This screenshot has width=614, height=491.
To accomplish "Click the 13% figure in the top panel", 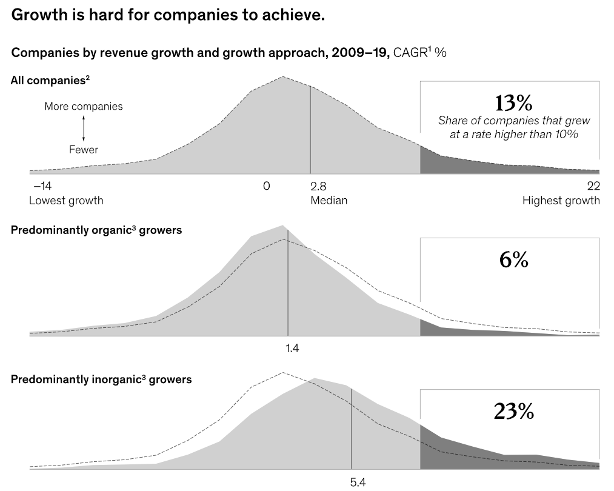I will (x=513, y=102).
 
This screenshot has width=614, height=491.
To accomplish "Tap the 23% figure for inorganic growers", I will (x=513, y=412).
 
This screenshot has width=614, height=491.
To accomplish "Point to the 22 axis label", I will (x=593, y=185).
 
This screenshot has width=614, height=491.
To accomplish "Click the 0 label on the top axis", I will (x=266, y=185).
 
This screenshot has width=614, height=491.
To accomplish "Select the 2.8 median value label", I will (x=318, y=185).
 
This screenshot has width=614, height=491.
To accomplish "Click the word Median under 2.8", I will (x=329, y=200).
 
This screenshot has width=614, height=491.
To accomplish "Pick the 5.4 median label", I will (x=358, y=483).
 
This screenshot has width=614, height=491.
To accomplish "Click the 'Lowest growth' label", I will (x=66, y=200).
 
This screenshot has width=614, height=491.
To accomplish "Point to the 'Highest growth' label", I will (x=561, y=200).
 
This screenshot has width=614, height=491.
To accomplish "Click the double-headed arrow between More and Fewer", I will (x=84, y=128).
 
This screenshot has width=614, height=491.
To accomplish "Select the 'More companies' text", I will (x=84, y=107).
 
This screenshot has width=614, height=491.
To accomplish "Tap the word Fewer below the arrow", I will (x=84, y=149).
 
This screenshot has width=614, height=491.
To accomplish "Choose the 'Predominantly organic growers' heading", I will (x=96, y=230).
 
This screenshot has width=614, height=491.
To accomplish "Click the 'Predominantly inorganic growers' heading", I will (x=101, y=380).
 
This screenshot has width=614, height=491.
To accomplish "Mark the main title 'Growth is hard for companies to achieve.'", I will (x=169, y=15).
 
